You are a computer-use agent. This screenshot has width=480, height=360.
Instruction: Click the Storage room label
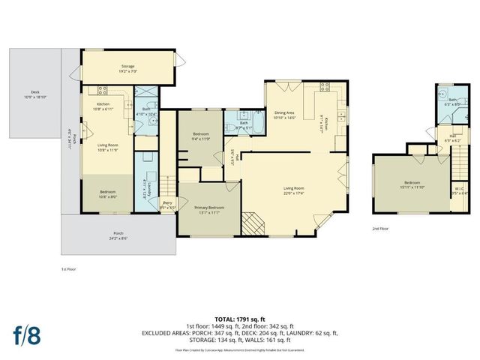tap(127, 69)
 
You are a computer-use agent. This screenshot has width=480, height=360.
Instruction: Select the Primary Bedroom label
tap(208, 210)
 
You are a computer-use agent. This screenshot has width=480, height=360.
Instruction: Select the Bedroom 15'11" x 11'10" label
tap(412, 184)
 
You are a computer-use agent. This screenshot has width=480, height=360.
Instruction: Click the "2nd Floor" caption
tap(381, 228)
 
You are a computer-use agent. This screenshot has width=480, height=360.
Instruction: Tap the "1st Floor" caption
tap(70, 268)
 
